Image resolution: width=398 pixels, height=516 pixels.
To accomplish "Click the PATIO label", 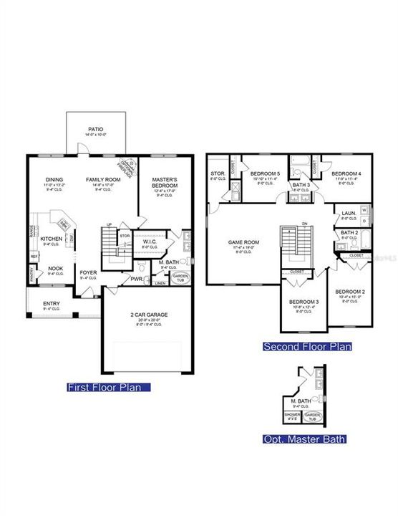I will pyautogui.click(x=96, y=129).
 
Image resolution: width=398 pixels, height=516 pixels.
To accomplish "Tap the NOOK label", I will pyautogui.click(x=55, y=269).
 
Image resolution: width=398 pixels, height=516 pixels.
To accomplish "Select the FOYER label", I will pyautogui.click(x=88, y=272).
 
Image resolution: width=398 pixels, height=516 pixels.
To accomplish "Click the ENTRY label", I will pyautogui.click(x=51, y=304).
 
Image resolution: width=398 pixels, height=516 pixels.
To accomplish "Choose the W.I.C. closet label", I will pyautogui.click(x=150, y=242).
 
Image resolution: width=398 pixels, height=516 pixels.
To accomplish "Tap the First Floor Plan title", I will pyautogui.click(x=108, y=388).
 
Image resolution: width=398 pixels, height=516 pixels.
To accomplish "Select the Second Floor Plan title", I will pyautogui.click(x=308, y=347).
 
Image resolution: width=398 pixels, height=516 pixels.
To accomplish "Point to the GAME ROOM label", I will pyautogui.click(x=243, y=242).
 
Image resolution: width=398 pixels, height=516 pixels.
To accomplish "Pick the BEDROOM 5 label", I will pyautogui.click(x=266, y=174).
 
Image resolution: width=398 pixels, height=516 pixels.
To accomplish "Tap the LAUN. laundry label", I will pyautogui.click(x=349, y=213).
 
